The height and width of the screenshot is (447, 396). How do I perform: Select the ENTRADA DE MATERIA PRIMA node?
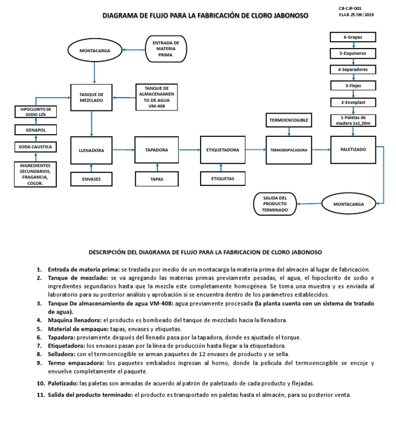click(x=166, y=49)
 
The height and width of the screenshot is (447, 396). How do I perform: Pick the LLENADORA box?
click(x=92, y=150)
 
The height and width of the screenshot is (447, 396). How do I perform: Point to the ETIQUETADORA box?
click(x=223, y=150)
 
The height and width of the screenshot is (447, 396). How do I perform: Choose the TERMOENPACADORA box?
click(x=289, y=150)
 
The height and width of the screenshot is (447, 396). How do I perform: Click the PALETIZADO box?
click(x=353, y=149)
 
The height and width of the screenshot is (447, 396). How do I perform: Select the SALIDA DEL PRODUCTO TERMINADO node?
click(x=275, y=203)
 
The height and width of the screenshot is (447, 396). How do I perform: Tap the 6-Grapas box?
click(x=353, y=37)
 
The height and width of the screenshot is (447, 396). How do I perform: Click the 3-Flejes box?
click(x=353, y=85)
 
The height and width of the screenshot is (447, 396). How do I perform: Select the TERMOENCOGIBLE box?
click(x=289, y=120)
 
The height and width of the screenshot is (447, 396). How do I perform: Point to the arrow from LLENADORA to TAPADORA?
click(x=123, y=150)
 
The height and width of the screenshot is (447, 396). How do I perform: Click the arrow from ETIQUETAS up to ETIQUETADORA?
click(x=222, y=168)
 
